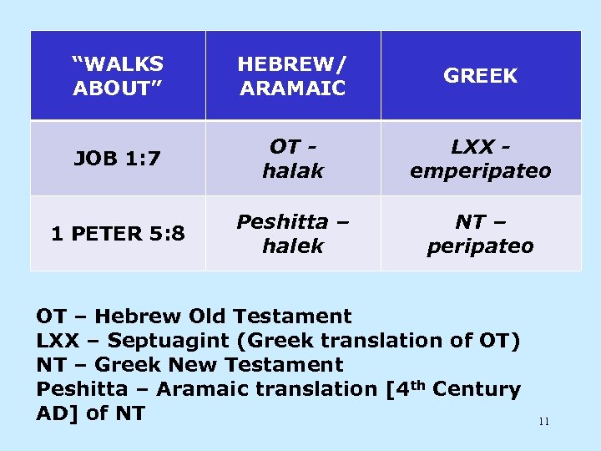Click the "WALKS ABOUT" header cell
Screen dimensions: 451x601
pos(118,75)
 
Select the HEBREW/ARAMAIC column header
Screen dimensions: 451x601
pos(292,75)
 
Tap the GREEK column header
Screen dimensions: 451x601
pos(481,76)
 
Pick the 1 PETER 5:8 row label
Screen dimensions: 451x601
pos(117,235)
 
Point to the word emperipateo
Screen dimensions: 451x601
pos(481,171)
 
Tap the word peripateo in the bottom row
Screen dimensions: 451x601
pos(481,247)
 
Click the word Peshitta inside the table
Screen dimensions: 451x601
pos(282,222)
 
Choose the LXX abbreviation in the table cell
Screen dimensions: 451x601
pos(472,146)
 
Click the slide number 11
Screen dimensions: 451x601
pos(543,422)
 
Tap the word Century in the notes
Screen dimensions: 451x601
pos(477,389)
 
